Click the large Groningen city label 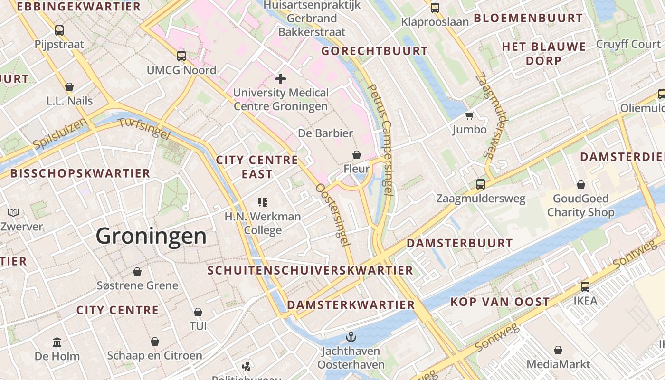pos(151,236)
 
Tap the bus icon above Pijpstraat pos(59,30)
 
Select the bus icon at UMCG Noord pos(181,56)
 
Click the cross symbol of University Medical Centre pos(280,78)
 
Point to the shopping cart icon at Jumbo pos(470,115)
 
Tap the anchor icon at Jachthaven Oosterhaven pos(351,337)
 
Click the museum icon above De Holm pos(57,342)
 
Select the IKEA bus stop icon pos(585,286)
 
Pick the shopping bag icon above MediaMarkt pos(558,350)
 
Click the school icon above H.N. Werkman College pos(263,202)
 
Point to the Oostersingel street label pos(332,215)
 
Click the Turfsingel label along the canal pos(143,128)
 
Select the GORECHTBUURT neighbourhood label pos(375,51)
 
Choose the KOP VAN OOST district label pos(500,302)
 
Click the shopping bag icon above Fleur pos(356,155)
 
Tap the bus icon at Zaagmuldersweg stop pos(481,184)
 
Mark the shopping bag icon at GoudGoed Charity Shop pos(580,184)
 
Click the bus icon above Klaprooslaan pos(435,8)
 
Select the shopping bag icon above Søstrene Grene pos(137,272)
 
